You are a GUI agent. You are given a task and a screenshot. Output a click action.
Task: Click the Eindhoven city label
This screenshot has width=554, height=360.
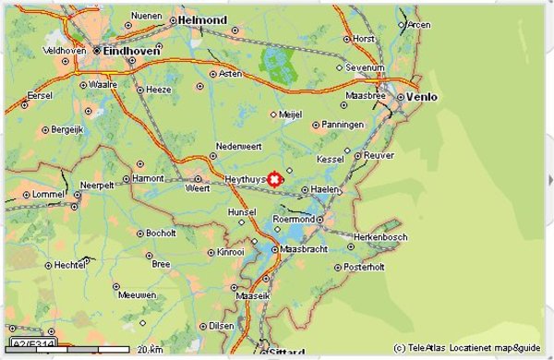[133, 52]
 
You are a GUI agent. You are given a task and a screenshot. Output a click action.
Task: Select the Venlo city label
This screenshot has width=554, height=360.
[422, 97]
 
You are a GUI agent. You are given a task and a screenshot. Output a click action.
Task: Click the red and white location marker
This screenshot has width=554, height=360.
[274, 179]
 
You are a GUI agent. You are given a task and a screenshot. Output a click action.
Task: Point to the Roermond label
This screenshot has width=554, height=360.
[295, 219]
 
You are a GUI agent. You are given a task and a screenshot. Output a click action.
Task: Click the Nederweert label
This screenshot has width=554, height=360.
[239, 146]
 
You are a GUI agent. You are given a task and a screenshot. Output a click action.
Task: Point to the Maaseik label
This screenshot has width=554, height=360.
[251, 297]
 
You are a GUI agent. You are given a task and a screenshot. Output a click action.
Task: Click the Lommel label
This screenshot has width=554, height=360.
[49, 195]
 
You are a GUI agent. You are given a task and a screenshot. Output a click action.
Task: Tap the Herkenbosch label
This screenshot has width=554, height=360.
[381, 236]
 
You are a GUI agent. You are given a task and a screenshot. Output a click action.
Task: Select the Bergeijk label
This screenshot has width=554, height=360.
[69, 129]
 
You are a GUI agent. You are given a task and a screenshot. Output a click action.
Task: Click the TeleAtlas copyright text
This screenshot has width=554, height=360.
[465, 348]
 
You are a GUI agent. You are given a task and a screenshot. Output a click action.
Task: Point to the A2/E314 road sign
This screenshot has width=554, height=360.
[34, 344]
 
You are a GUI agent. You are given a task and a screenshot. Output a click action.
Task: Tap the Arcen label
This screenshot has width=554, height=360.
[419, 24]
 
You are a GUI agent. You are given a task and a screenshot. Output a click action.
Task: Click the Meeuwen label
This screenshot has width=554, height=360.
[138, 295]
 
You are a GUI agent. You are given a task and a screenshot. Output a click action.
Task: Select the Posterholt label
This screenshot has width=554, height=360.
[364, 267]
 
